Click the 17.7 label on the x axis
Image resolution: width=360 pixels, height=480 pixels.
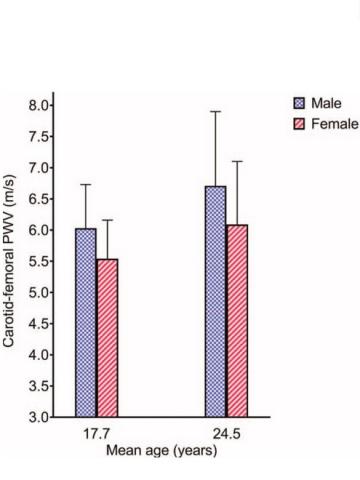(96, 434)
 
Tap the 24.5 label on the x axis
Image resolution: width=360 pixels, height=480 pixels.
(226, 434)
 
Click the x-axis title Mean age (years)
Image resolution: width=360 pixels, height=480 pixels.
(161, 449)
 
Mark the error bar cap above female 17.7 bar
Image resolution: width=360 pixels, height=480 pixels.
(107, 220)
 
